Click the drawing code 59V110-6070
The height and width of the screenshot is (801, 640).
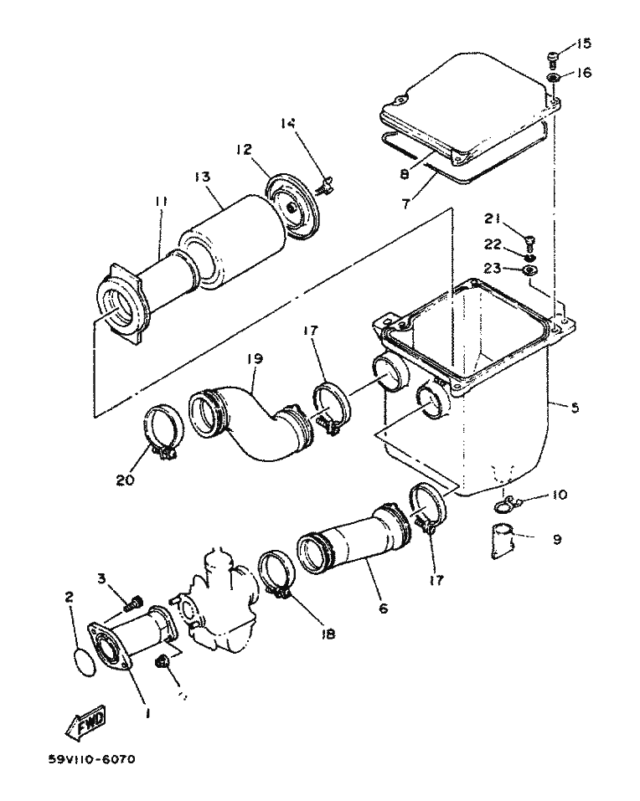point(91,759)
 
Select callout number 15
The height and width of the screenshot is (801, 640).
point(582,43)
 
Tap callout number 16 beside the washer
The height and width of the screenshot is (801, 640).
point(583,73)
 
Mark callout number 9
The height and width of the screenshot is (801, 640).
point(556,540)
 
